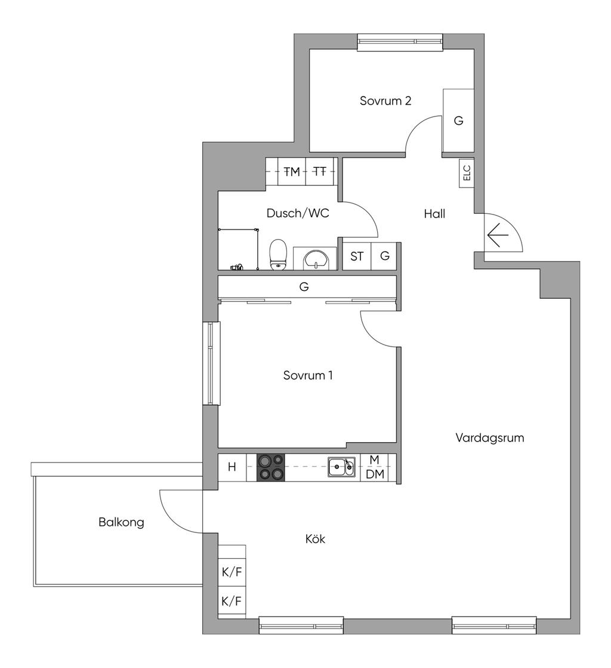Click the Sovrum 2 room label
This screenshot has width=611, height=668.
pos(385,101)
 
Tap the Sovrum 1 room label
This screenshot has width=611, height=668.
pos(308,375)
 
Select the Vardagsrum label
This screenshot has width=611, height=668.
pos(490,438)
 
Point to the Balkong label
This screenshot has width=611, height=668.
pos(121,522)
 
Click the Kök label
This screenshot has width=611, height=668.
pos(315,539)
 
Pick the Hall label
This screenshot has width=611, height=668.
pos(434,213)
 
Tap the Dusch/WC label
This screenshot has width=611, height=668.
pos(298,213)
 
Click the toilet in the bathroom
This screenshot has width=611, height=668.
pos(278,255)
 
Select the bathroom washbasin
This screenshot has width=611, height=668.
pos(315,260)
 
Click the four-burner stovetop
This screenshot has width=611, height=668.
pos(271,467)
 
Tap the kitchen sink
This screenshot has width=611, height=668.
pos(341,467)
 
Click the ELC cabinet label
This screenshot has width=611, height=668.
pos(467,173)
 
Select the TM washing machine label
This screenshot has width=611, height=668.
pos(292,171)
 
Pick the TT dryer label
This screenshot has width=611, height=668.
pos(320,171)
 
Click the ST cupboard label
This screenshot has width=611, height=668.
pos(357,256)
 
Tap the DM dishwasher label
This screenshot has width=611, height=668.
pos(375,474)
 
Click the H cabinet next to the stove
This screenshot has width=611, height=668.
pos(232,467)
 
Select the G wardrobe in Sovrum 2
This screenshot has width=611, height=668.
pos(458,121)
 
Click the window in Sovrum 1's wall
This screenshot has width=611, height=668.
pos(211,363)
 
